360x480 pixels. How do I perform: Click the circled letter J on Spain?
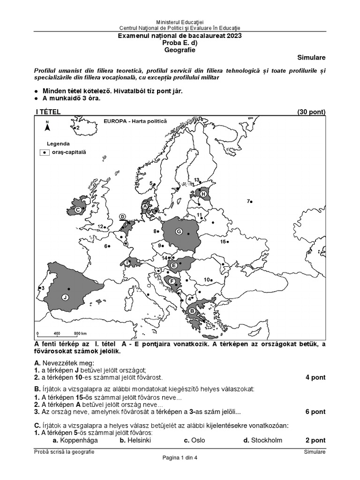tap(65, 297)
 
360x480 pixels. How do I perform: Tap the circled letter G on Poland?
tap(179, 231)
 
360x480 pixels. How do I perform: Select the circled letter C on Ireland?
tap(78, 210)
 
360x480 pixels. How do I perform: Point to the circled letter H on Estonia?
tap(203, 194)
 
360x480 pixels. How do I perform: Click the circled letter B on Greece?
tap(192, 311)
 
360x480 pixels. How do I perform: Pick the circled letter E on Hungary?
tap(174, 266)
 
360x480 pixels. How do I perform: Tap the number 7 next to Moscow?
tap(248, 201)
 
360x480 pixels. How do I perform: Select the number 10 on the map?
tap(206, 279)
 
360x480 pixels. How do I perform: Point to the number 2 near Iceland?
tap(78, 127)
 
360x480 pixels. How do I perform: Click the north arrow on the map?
tap(47, 125)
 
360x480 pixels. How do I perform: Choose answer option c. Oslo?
tap(194, 440)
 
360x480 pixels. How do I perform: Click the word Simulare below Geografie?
tap(311, 58)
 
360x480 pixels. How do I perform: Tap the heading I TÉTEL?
tap(48, 112)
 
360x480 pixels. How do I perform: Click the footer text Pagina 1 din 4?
tap(180, 458)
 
